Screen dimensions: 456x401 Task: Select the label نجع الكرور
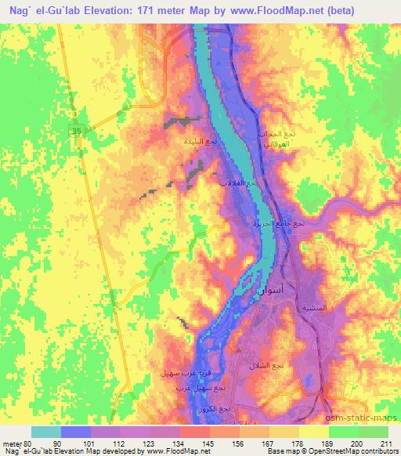235,409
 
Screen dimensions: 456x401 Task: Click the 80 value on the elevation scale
31,444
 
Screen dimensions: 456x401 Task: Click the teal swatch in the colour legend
46,432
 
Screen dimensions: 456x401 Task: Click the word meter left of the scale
12,444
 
